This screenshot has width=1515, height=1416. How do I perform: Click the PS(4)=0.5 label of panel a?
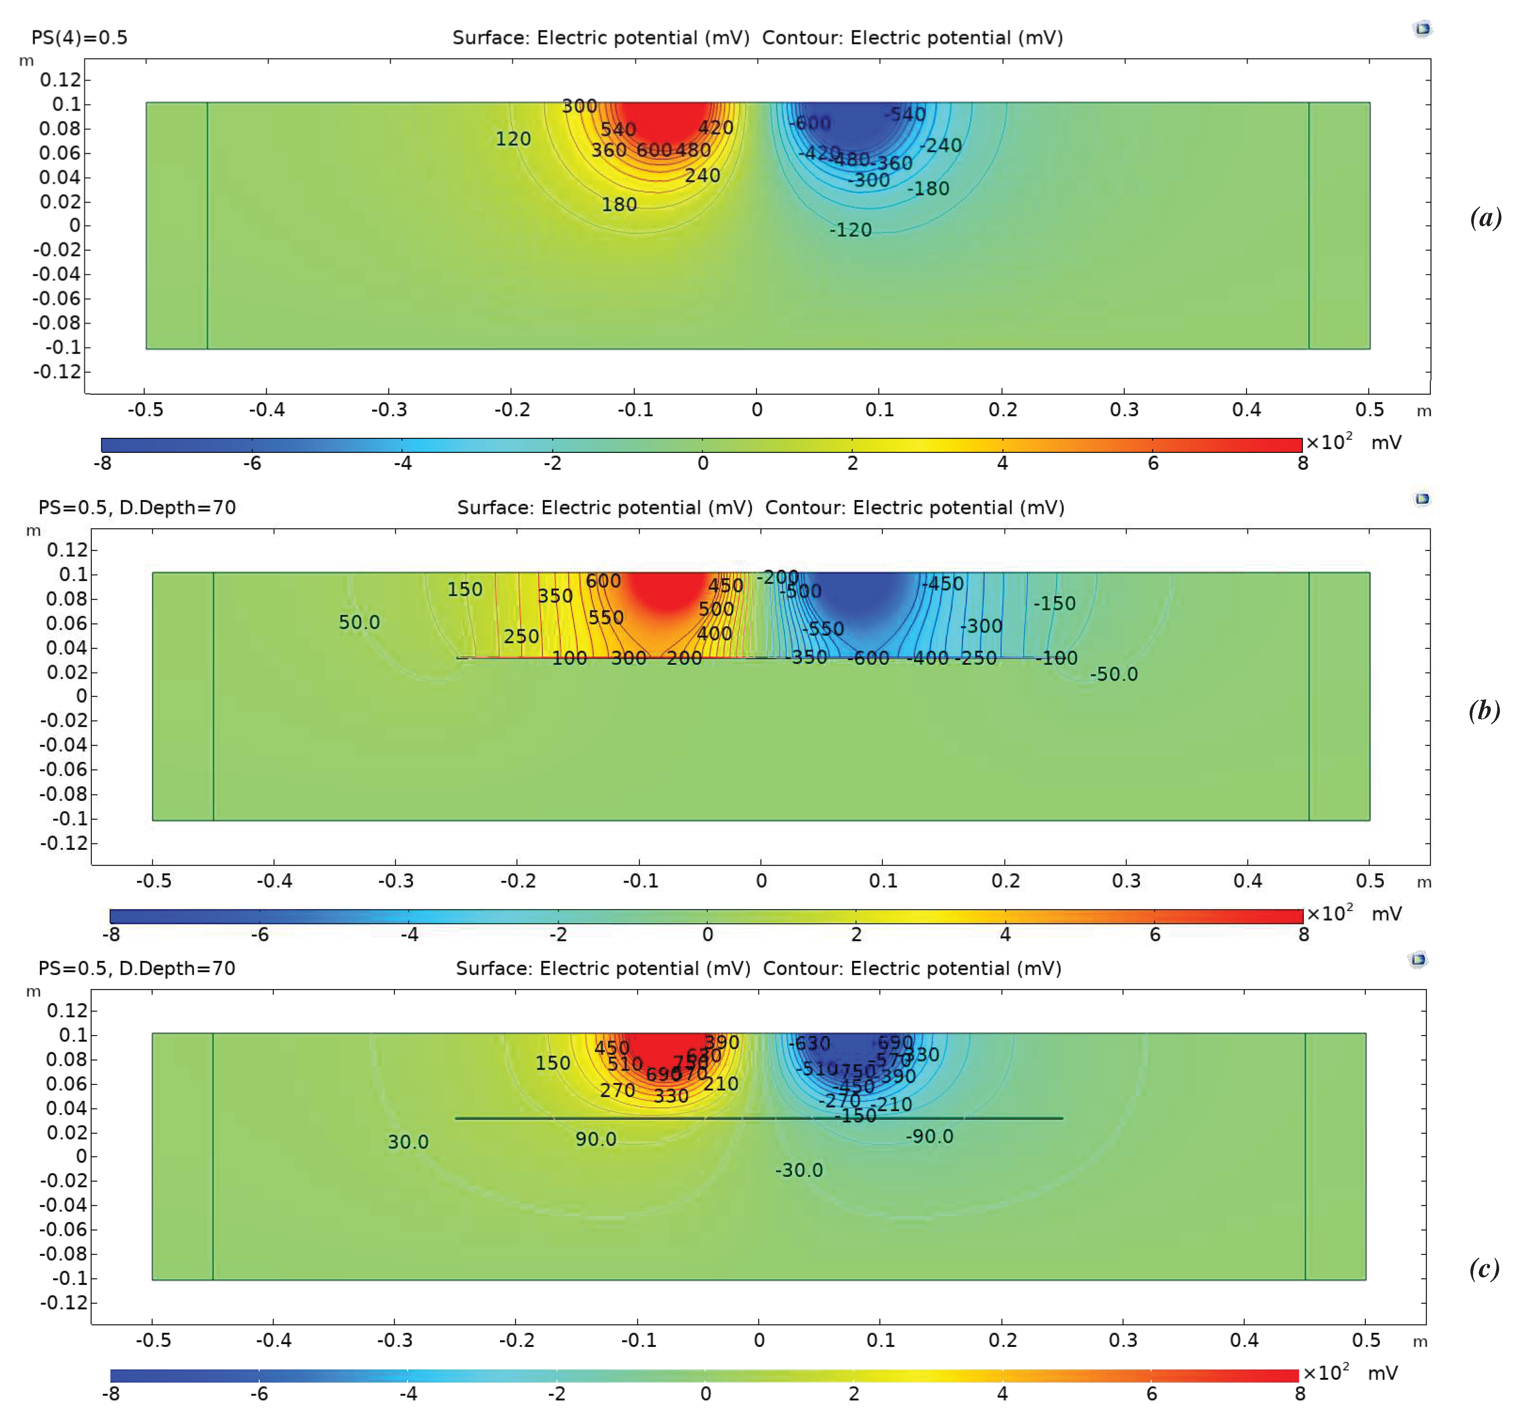[79, 37]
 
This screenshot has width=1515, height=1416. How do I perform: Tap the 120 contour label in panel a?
[513, 139]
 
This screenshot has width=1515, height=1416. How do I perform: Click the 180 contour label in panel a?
[619, 204]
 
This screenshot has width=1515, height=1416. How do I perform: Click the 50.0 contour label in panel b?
[359, 622]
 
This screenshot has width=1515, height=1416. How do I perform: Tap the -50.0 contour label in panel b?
[1113, 674]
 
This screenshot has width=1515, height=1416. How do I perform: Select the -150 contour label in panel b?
[1054, 603]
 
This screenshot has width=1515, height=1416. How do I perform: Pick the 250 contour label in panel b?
[521, 636]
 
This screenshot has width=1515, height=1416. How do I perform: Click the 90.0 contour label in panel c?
[595, 1139]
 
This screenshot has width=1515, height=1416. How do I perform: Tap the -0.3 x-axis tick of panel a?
[389, 409]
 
